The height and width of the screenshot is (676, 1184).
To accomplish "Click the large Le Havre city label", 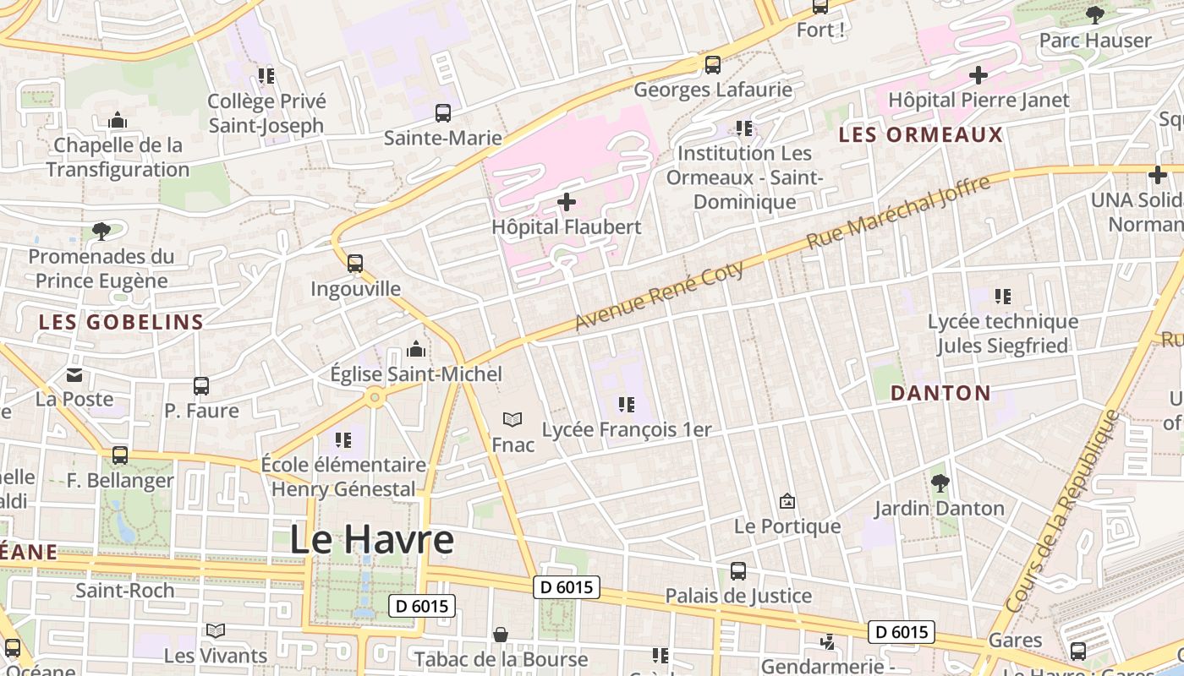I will pyautogui.click(x=371, y=540).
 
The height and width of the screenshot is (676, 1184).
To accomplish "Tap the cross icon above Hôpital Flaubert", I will pyautogui.click(x=567, y=202).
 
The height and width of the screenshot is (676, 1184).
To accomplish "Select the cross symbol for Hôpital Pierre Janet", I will pyautogui.click(x=978, y=75).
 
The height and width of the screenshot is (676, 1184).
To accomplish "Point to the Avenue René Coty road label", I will pyautogui.click(x=660, y=296).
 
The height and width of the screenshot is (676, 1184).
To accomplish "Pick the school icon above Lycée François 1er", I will pyautogui.click(x=626, y=405).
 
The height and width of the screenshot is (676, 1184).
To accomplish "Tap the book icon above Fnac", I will pyautogui.click(x=513, y=419).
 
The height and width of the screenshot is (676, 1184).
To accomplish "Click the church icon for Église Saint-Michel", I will pyautogui.click(x=416, y=349).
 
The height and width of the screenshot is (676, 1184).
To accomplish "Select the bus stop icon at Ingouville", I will pyautogui.click(x=355, y=264).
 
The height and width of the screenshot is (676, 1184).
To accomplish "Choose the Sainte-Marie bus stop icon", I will pyautogui.click(x=443, y=112).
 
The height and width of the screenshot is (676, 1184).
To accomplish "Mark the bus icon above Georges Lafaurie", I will pyautogui.click(x=713, y=64).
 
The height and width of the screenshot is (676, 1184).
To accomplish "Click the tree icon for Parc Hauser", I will pyautogui.click(x=1095, y=14).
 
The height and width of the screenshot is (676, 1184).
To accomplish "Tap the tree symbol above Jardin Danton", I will pyautogui.click(x=940, y=483).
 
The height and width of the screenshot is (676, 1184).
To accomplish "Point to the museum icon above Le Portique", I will pyautogui.click(x=787, y=501).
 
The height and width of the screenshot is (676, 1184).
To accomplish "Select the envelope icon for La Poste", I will pyautogui.click(x=74, y=374).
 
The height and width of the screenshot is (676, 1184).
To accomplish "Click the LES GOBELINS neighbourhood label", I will pyautogui.click(x=122, y=322).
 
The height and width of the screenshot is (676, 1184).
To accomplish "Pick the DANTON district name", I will pyautogui.click(x=940, y=393).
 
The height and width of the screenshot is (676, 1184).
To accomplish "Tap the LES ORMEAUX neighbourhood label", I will pyautogui.click(x=920, y=135).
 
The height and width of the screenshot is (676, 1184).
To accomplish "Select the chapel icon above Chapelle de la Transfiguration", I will pyautogui.click(x=118, y=121).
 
